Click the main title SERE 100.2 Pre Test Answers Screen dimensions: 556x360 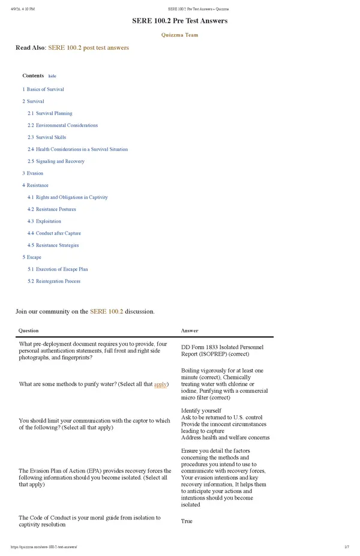(179, 21)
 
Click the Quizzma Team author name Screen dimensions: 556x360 (179, 35)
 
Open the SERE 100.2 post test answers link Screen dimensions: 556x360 (88, 47)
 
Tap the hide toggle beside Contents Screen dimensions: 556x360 (52, 76)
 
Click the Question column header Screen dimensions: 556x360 (29, 330)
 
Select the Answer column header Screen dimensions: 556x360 (190, 330)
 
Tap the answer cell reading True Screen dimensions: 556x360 (187, 521)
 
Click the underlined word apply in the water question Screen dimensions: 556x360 (160, 384)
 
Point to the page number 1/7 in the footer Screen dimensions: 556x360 (347, 547)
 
